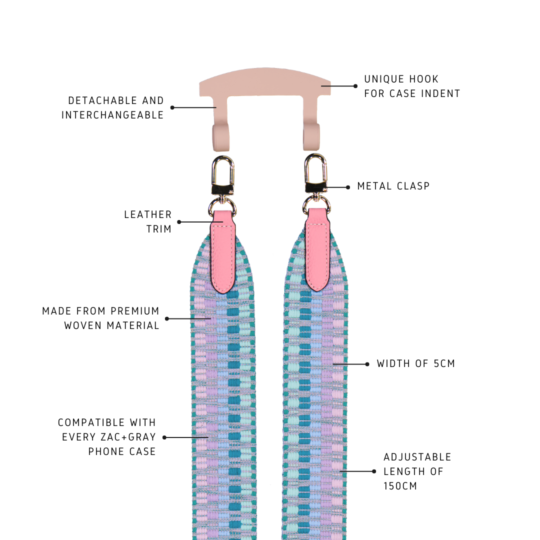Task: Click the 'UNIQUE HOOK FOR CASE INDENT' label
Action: tap(411, 86)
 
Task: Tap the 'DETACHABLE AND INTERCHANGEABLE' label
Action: tap(113, 107)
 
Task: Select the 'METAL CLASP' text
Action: tap(393, 186)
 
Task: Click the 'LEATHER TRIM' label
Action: tap(148, 221)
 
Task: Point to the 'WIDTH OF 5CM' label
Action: tap(416, 363)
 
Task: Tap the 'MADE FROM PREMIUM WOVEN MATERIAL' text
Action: tap(101, 318)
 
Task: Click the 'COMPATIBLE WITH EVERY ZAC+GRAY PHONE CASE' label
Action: tap(107, 436)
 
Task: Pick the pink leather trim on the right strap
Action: tap(317, 250)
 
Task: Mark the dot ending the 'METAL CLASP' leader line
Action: tap(348, 187)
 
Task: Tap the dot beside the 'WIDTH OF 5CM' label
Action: tap(367, 364)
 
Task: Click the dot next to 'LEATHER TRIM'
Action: tap(179, 222)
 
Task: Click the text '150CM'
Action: tap(400, 485)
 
